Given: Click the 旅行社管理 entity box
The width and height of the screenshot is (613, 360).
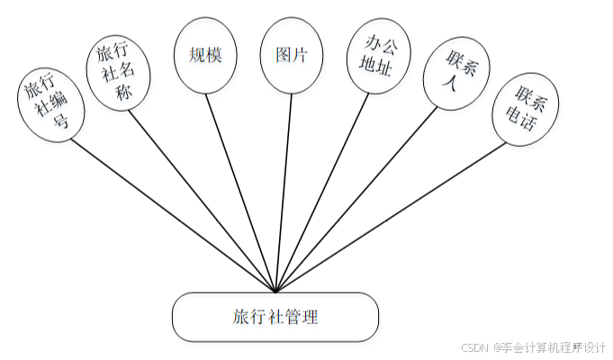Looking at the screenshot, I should point(275,317).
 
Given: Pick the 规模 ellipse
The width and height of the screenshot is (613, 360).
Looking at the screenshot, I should point(205,55).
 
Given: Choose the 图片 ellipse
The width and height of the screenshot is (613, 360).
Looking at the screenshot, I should point(291,55).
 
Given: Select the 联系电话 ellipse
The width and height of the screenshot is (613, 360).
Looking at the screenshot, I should point(526,108).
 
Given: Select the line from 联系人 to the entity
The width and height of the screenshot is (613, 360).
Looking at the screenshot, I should point(360,194).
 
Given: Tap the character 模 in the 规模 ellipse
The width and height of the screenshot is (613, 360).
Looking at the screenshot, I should point(215,55).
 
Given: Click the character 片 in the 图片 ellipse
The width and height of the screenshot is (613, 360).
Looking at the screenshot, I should point(301,55).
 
